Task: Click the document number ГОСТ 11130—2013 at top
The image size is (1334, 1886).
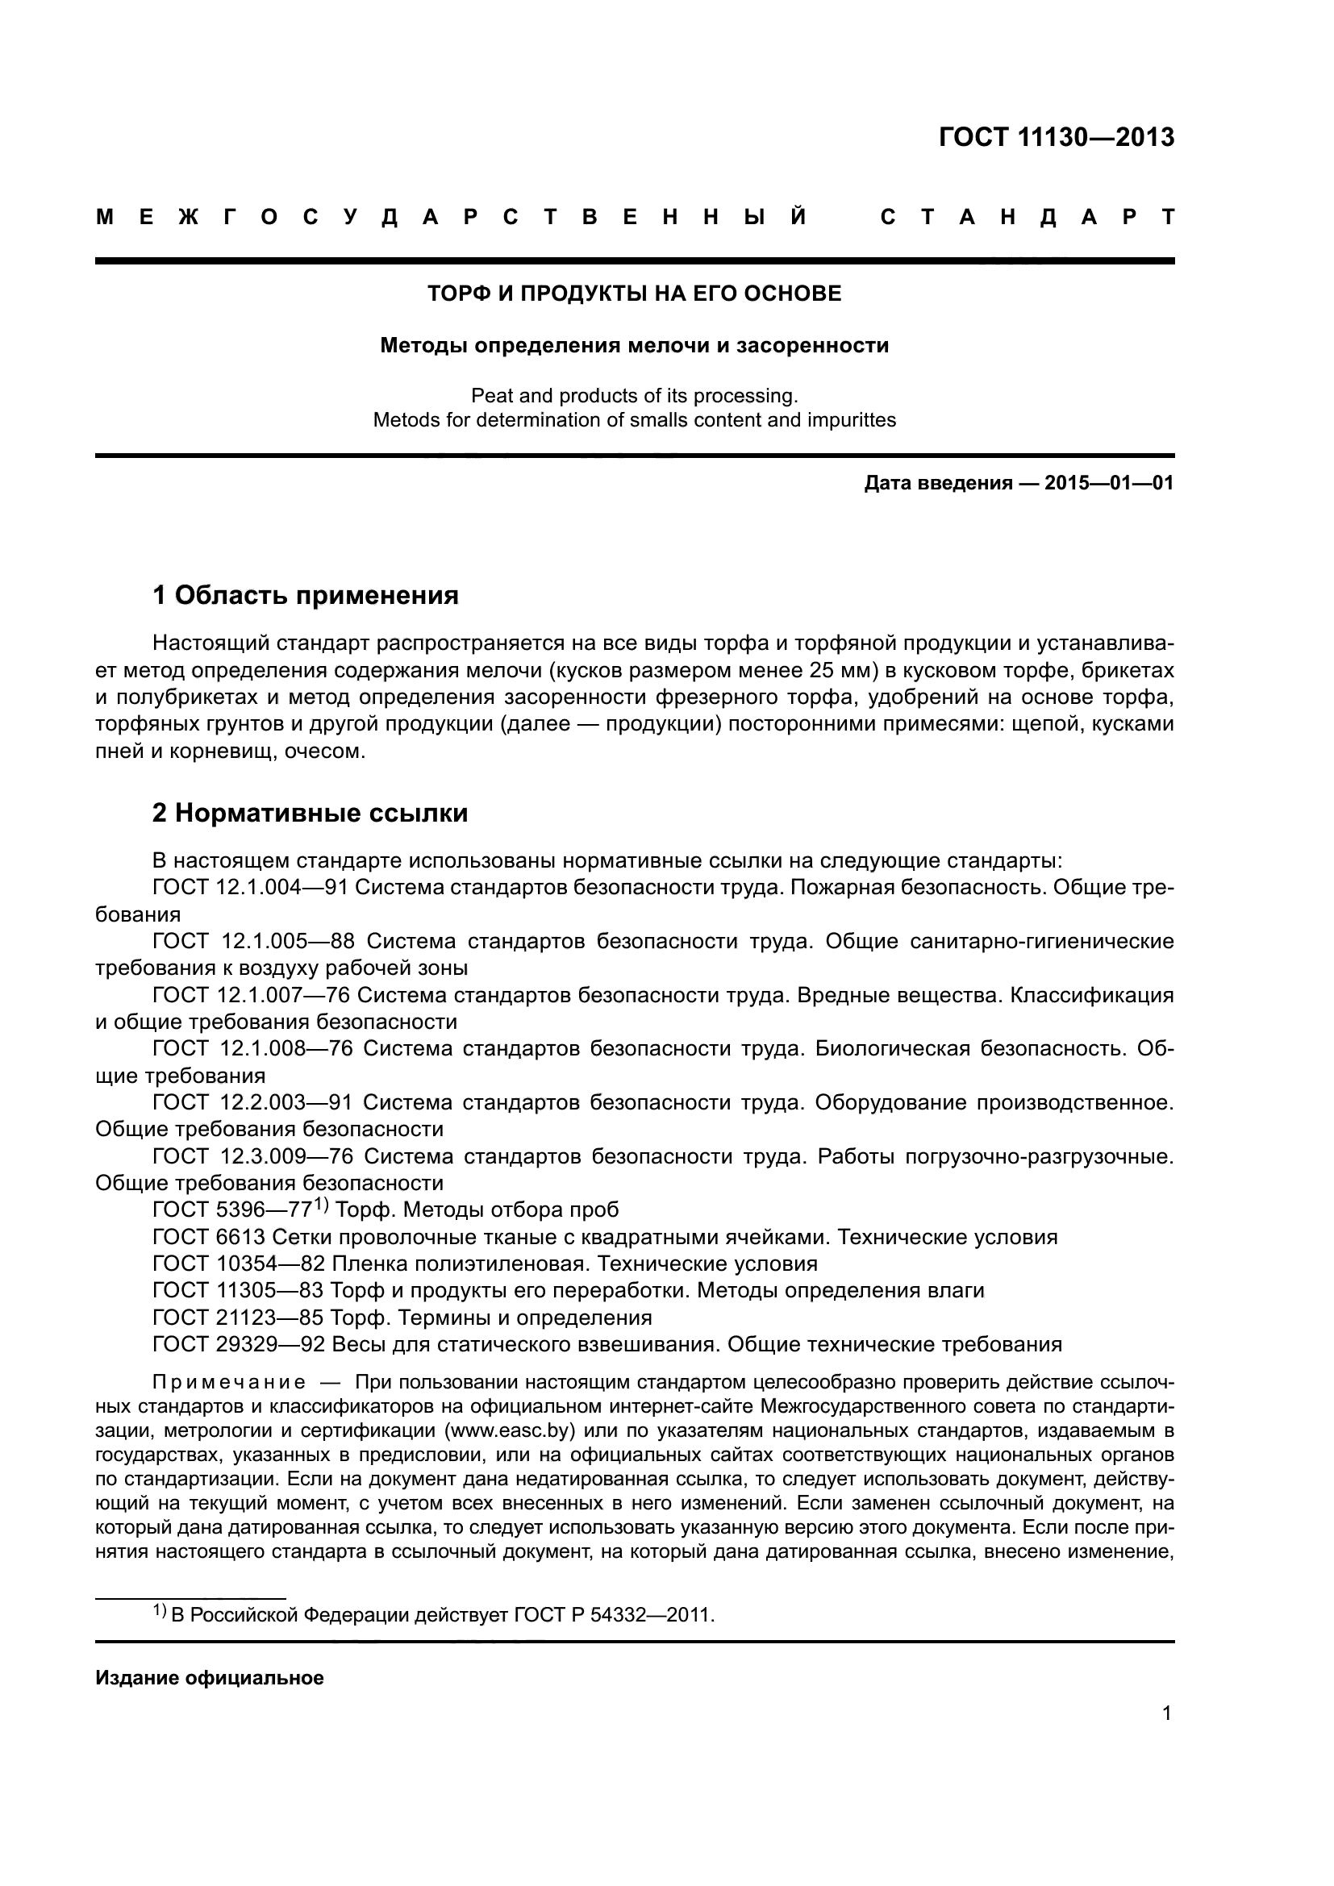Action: point(1057,137)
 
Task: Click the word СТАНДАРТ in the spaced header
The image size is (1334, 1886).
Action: point(1027,218)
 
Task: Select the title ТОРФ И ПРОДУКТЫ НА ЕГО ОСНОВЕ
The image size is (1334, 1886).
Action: point(634,294)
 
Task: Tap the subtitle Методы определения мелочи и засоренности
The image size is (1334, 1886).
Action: point(634,346)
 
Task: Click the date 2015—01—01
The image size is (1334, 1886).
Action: point(1109,483)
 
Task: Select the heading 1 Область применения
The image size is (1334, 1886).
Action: point(306,595)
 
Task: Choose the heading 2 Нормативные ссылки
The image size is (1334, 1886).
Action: point(311,814)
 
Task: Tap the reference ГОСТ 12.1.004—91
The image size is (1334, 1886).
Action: point(251,888)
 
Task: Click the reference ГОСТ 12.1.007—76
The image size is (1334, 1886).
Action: point(251,996)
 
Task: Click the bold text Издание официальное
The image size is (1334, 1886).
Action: point(210,1678)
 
